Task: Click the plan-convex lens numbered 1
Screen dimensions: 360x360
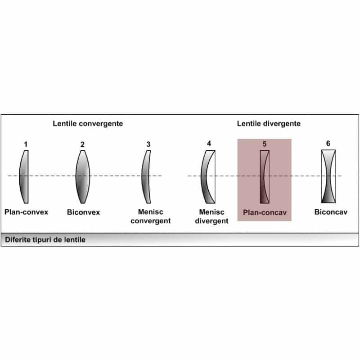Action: point(25,176)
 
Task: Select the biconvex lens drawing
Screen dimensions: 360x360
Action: point(83,176)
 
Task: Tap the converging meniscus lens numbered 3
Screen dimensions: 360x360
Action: point(146,176)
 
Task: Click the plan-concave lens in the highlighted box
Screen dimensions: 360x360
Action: point(265,176)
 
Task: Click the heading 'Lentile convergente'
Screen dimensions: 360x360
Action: point(88,123)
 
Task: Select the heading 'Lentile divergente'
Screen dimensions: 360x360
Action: point(269,123)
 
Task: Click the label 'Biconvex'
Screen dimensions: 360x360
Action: point(83,212)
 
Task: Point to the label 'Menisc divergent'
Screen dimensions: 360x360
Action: point(213,216)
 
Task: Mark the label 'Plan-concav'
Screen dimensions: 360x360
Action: point(265,212)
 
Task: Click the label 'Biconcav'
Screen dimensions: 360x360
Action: point(331,212)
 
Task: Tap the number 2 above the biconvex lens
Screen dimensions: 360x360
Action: point(82,144)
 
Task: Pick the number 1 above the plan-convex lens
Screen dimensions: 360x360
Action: point(26,144)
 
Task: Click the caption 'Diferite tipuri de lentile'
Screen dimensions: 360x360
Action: point(45,240)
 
